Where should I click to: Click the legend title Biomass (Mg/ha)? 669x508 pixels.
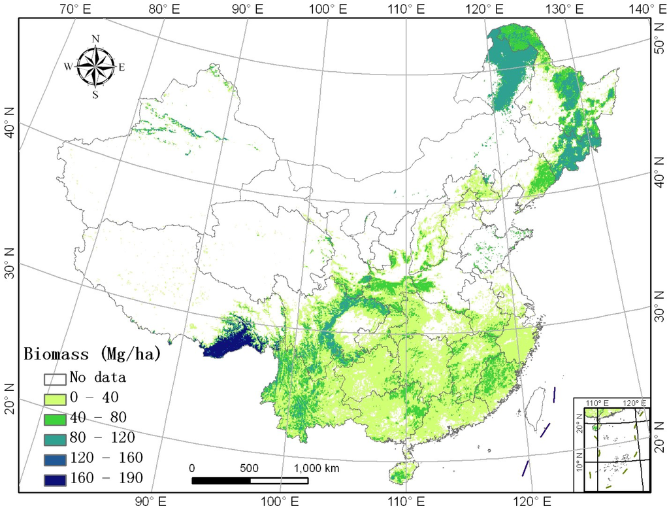tap(92, 354)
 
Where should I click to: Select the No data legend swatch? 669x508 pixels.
tap(56, 378)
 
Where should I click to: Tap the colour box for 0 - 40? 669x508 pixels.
tap(56, 398)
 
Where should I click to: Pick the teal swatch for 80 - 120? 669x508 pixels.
tap(56, 437)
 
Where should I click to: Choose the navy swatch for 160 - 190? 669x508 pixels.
tap(56, 478)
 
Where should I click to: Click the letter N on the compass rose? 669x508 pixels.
tap(95, 39)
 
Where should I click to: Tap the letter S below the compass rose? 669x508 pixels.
tap(95, 94)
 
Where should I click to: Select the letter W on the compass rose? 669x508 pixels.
tap(68, 66)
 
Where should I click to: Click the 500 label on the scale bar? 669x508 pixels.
tap(250, 468)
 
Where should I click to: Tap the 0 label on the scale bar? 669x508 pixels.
tap(192, 468)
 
